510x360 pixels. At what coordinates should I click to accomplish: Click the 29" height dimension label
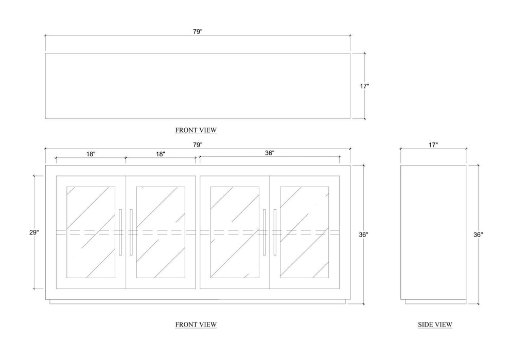tap(34, 232)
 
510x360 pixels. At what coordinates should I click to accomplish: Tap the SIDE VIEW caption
tap(435, 325)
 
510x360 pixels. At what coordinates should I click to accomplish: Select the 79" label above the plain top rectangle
tap(198, 31)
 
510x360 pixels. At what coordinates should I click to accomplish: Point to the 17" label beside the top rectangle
tap(364, 86)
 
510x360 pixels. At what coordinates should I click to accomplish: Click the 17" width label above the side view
tap(433, 145)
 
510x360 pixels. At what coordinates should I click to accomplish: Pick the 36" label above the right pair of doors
tap(270, 153)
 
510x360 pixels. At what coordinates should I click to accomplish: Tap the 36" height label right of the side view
tap(478, 235)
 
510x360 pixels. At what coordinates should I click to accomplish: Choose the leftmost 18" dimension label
tap(91, 154)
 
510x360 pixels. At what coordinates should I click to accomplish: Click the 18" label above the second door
tap(161, 154)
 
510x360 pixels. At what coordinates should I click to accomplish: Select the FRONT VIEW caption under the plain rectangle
tap(196, 130)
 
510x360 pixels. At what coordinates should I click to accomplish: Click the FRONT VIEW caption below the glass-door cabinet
tap(196, 325)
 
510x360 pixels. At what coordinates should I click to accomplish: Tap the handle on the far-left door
tap(120, 232)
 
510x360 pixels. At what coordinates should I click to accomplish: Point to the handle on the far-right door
tap(275, 232)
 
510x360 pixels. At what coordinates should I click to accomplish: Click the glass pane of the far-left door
tap(91, 232)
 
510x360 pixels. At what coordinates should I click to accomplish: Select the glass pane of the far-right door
tap(305, 232)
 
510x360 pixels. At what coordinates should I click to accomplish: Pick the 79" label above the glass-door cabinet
tap(198, 145)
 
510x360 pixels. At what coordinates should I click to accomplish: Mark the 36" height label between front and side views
tap(363, 235)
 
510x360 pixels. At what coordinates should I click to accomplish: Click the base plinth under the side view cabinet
tap(433, 302)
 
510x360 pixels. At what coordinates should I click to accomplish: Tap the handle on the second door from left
tap(131, 232)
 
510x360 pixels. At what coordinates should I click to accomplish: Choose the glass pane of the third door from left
tap(235, 232)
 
